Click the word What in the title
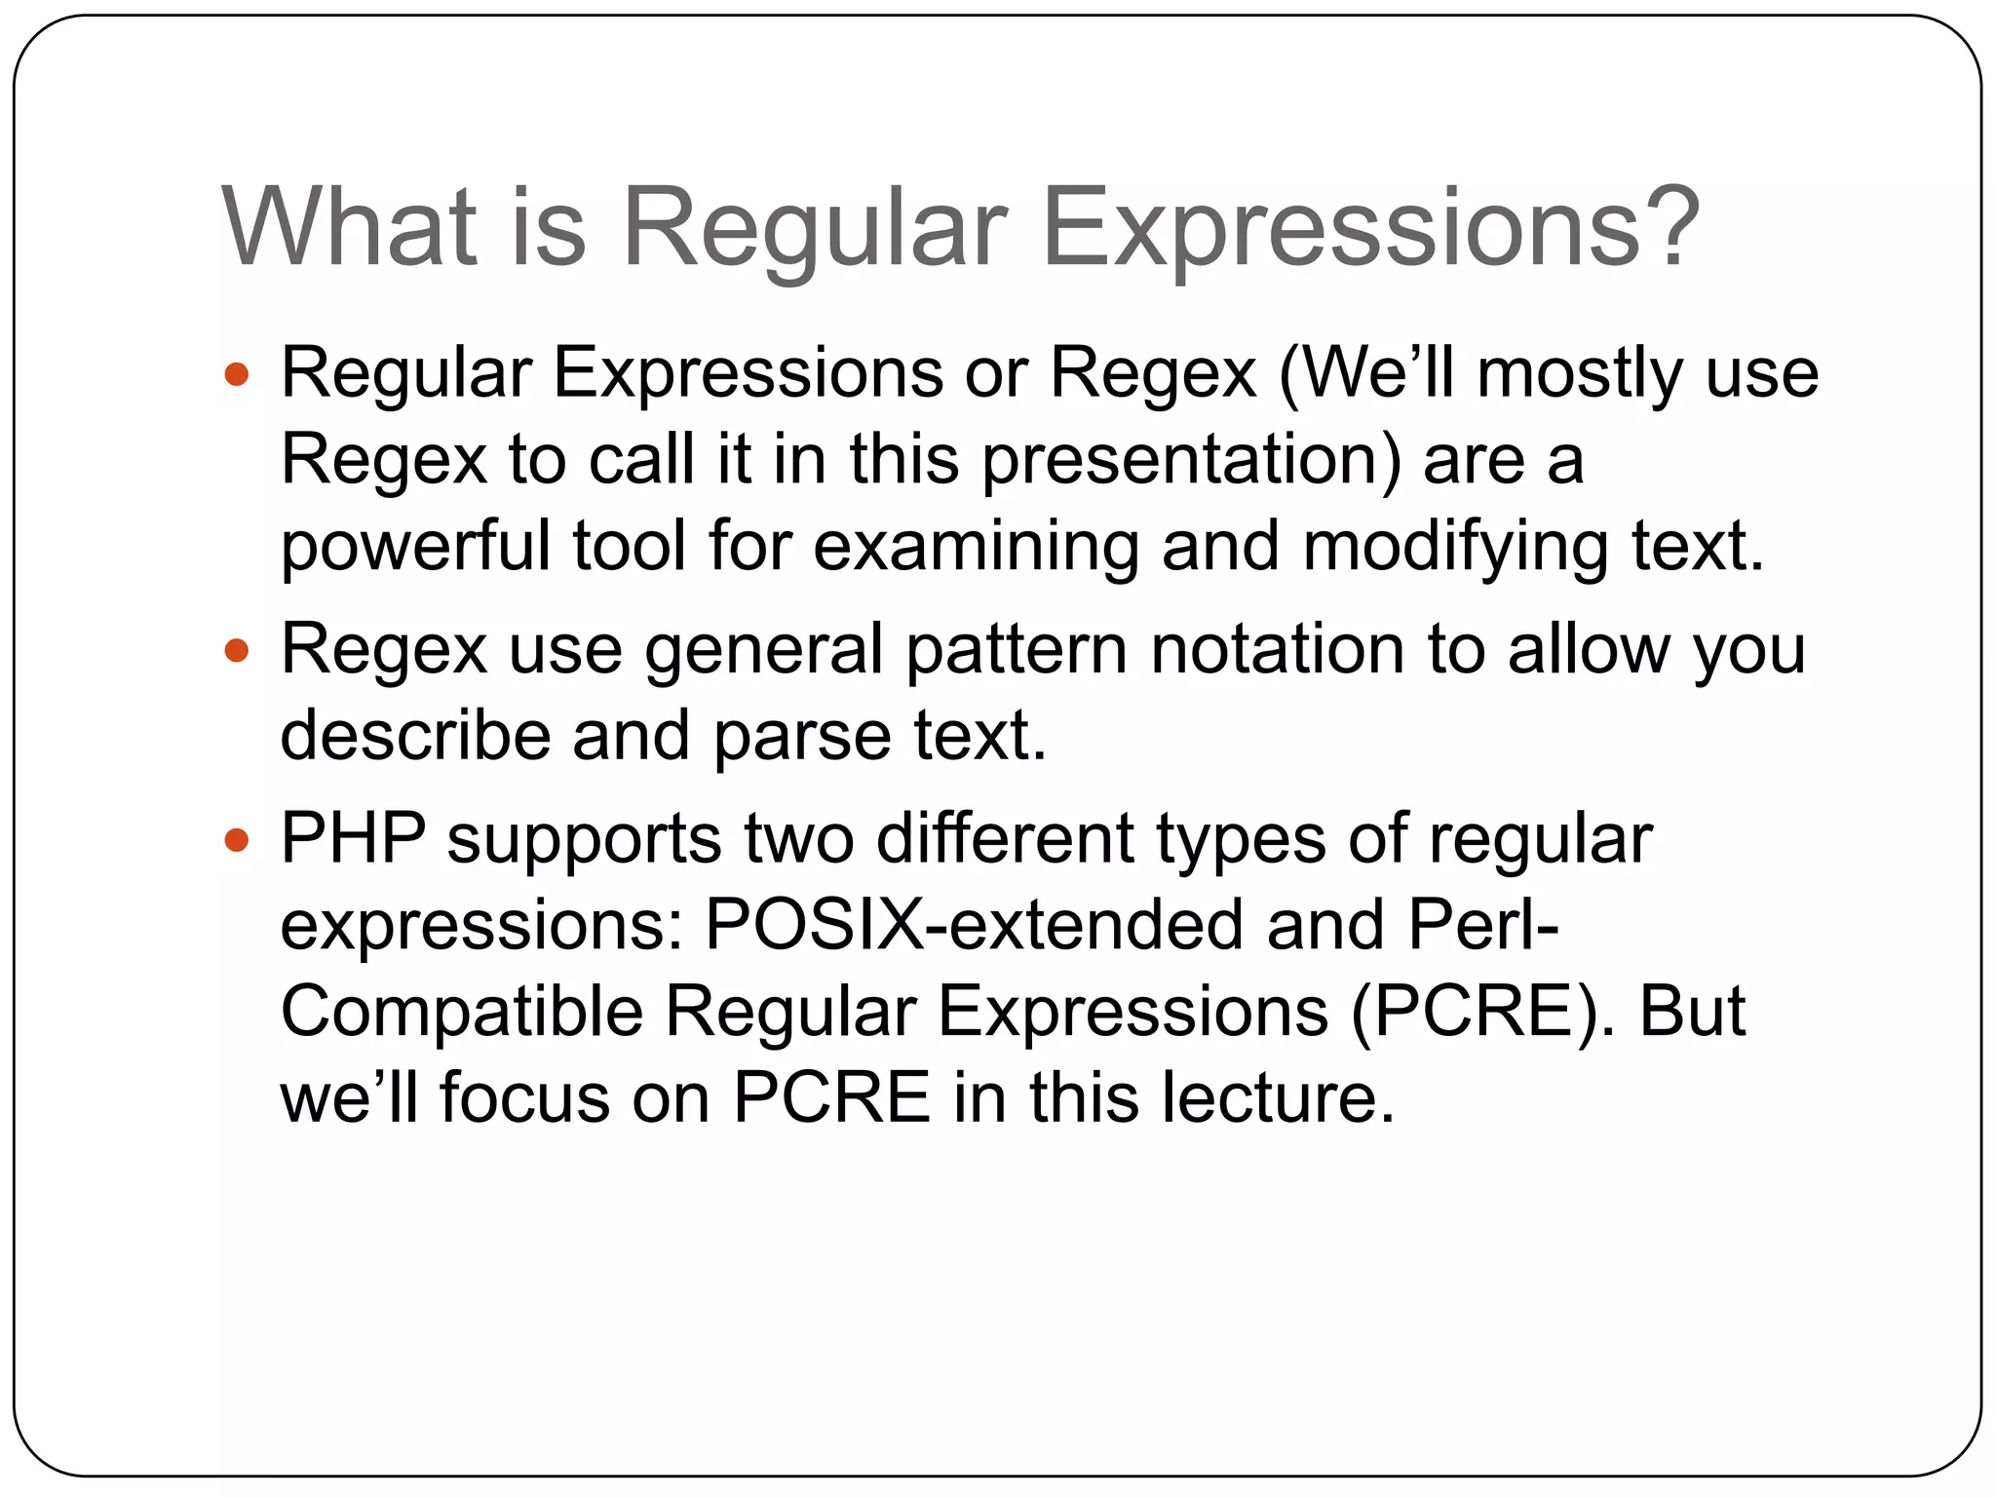(350, 227)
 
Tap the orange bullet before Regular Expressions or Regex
(237, 373)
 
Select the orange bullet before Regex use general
(237, 650)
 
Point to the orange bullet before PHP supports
(237, 839)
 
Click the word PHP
(353, 839)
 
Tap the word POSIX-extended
(974, 925)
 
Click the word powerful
(415, 548)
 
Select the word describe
(415, 736)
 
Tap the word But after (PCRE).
(1692, 1011)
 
